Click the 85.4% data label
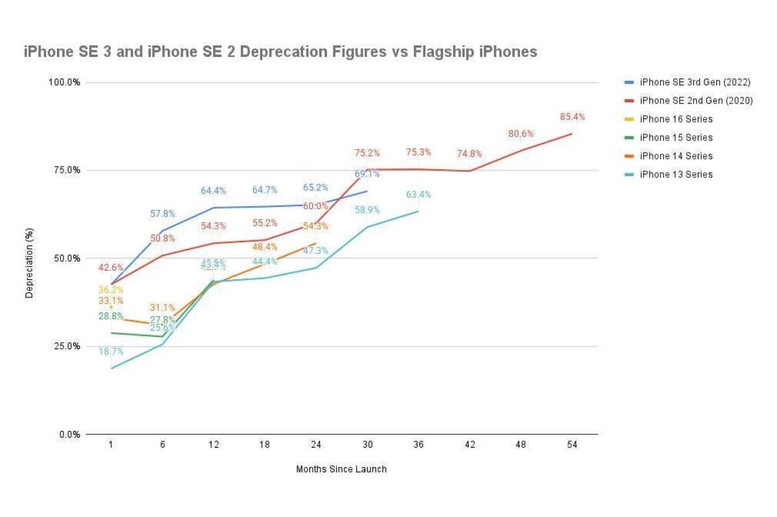[572, 117]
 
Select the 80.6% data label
[521, 134]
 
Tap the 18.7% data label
[111, 352]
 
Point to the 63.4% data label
[418, 194]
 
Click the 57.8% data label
[162, 214]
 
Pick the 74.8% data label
[469, 154]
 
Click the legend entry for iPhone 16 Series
[676, 119]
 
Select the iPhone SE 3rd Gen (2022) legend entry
[695, 82]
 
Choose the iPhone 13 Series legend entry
[676, 174]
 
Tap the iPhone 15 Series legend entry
[676, 137]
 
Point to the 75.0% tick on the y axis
[65, 170]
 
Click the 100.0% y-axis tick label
[63, 82]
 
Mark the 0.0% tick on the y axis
[69, 434]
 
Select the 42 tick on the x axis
[469, 445]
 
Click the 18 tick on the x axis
[265, 445]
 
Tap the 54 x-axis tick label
[572, 445]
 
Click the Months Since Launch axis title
[341, 469]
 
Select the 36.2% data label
[111, 290]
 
